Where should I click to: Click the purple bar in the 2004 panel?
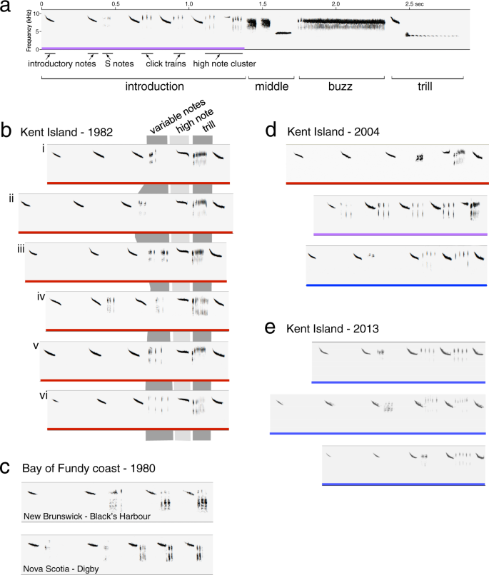[400, 234]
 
